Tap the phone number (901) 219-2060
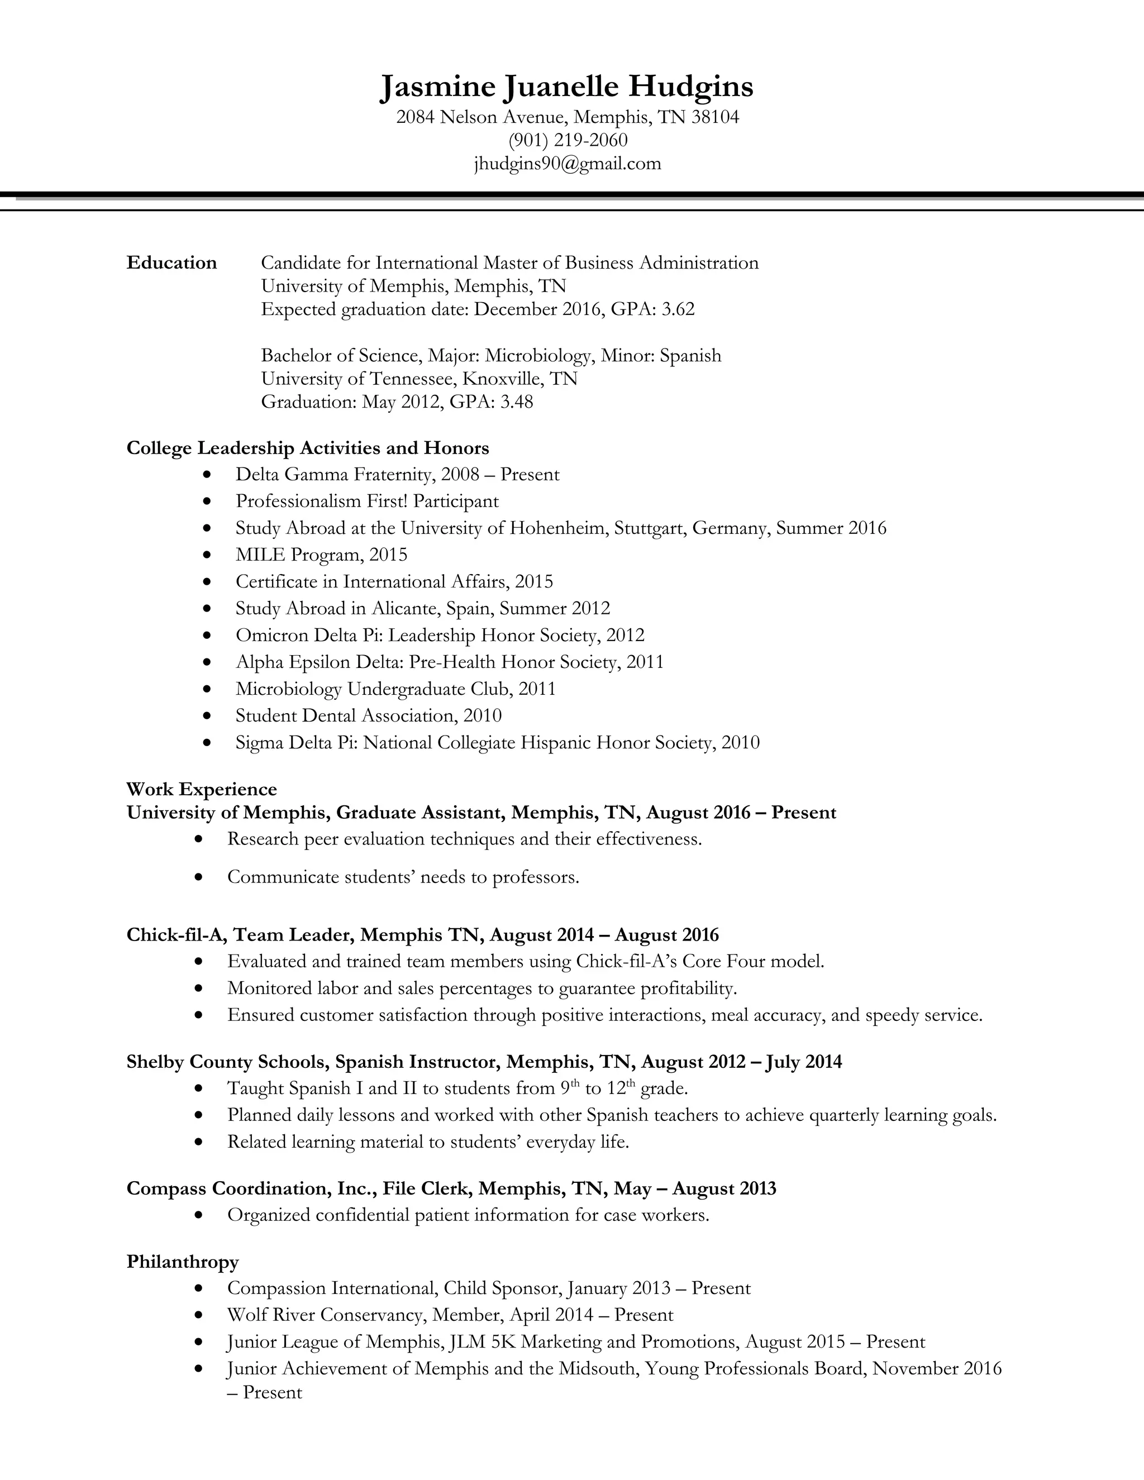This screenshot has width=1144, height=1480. (x=568, y=140)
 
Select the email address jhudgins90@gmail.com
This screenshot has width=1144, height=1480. (x=568, y=163)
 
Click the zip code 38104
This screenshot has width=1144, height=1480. (x=715, y=117)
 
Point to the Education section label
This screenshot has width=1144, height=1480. (x=171, y=263)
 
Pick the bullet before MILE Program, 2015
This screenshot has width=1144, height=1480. (x=207, y=556)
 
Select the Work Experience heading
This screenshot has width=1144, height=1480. (x=201, y=790)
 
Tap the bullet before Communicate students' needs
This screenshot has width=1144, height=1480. (x=198, y=877)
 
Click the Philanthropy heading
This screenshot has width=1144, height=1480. (x=182, y=1262)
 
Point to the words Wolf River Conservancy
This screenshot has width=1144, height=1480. (x=325, y=1315)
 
